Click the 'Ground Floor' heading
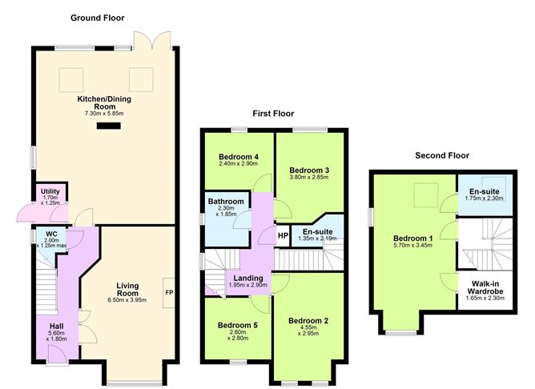pyautogui.click(x=97, y=18)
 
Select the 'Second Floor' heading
pyautogui.click(x=441, y=155)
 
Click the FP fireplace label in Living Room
pyautogui.click(x=169, y=293)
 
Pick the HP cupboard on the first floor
pyautogui.click(x=282, y=236)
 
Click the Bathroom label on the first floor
pyautogui.click(x=225, y=202)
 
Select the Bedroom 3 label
pyautogui.click(x=309, y=170)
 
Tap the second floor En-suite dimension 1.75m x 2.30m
pyautogui.click(x=484, y=198)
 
